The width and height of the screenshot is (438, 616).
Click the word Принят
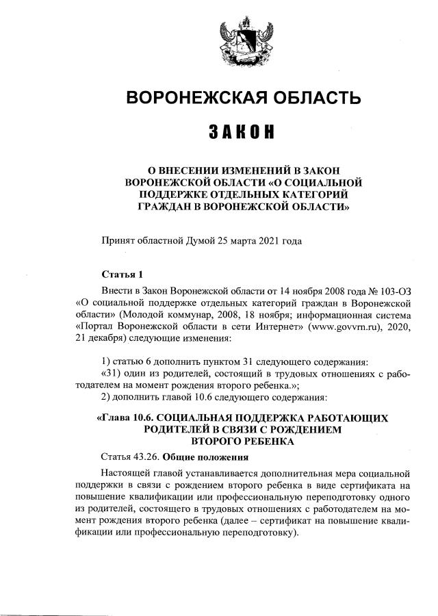click(x=117, y=241)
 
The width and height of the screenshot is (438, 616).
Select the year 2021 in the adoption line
click(x=264, y=241)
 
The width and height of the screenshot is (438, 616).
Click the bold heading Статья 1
click(x=121, y=274)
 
